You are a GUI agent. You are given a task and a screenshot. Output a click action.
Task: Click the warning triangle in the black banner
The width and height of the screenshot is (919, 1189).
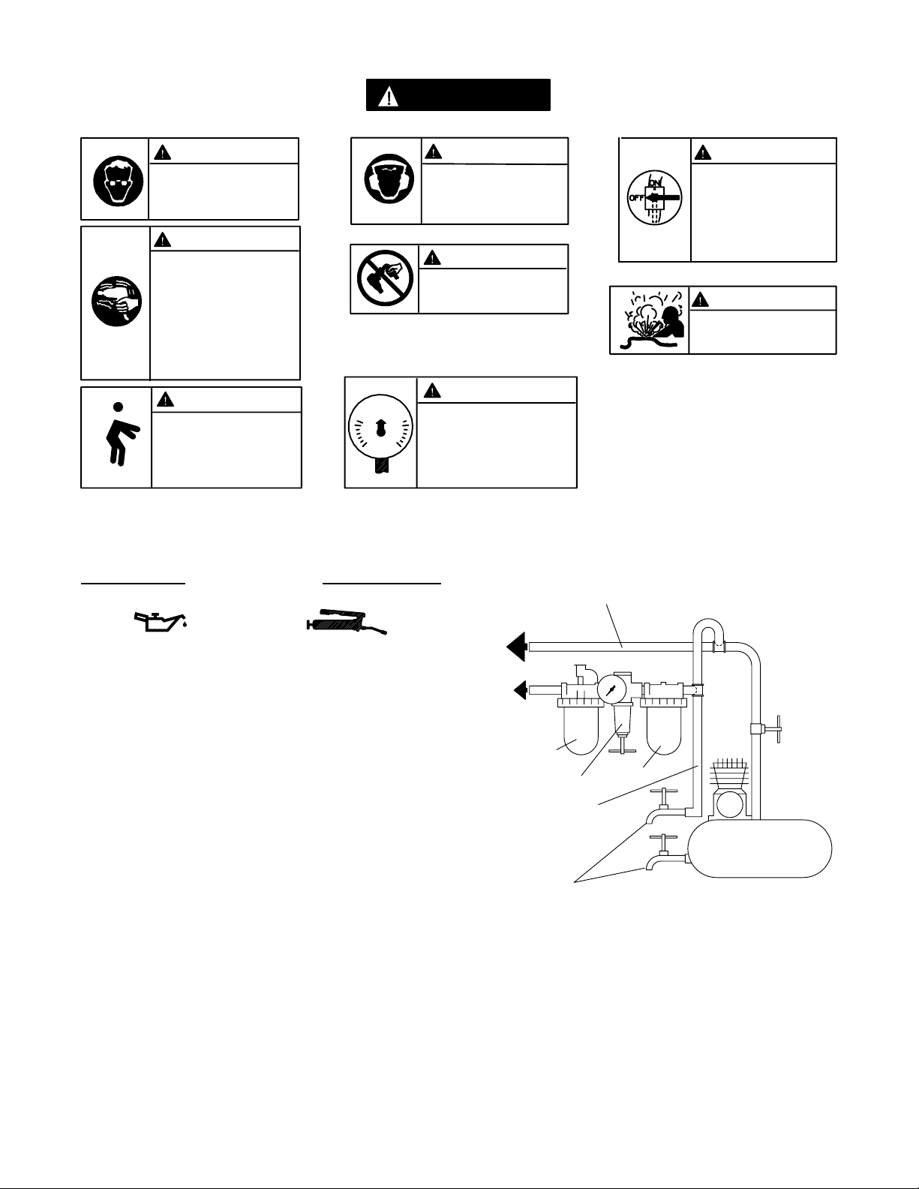click(x=389, y=97)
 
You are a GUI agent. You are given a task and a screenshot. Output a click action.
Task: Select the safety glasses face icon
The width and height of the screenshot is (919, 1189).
click(x=119, y=182)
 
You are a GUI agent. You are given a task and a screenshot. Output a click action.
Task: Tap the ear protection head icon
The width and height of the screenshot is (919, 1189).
click(x=389, y=179)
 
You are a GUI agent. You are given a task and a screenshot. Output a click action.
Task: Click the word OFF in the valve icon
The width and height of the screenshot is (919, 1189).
click(x=637, y=197)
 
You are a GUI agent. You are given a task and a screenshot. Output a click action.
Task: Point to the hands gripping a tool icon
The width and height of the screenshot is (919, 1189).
click(x=116, y=301)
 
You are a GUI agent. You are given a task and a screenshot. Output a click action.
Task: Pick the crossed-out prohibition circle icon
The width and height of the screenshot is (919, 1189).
click(x=385, y=278)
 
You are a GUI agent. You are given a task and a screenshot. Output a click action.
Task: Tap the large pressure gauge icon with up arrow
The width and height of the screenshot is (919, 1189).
click(x=380, y=434)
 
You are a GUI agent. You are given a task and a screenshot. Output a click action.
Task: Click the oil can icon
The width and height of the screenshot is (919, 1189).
click(x=161, y=621)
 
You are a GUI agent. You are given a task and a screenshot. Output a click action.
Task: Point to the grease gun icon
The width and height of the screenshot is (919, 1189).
click(x=347, y=621)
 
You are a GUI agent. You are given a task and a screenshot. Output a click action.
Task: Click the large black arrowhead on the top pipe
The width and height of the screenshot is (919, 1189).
click(x=516, y=647)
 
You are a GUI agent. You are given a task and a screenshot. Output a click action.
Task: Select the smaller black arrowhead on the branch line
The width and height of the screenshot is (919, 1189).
click(x=520, y=690)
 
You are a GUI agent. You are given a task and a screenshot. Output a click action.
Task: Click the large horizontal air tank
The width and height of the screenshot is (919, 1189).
click(x=760, y=848)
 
